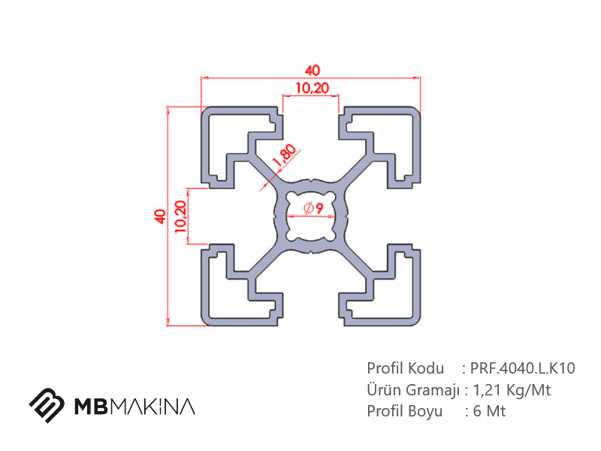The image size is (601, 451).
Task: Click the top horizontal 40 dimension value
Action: click(313, 70)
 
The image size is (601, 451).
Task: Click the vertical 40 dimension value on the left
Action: click(160, 216)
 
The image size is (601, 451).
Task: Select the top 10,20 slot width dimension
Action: click(313, 88)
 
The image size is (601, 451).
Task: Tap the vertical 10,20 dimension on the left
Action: click(180, 216)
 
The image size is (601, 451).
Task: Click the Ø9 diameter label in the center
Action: click(313, 208)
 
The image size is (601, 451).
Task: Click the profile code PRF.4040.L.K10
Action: click(522, 368)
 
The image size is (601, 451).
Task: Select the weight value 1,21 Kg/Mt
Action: click(512, 390)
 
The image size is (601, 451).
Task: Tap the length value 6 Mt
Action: click(490, 411)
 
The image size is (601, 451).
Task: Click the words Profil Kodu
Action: click(405, 368)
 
